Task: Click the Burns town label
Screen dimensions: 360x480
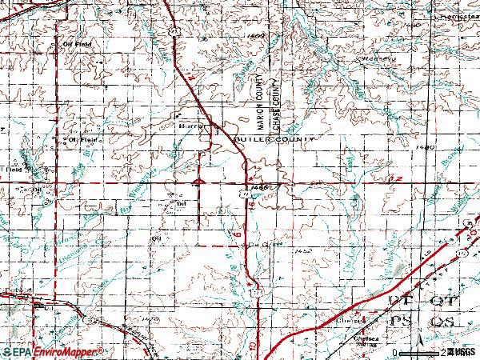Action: (190, 126)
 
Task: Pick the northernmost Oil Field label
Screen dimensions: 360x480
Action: (77, 45)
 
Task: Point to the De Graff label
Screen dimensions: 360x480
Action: (256, 237)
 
